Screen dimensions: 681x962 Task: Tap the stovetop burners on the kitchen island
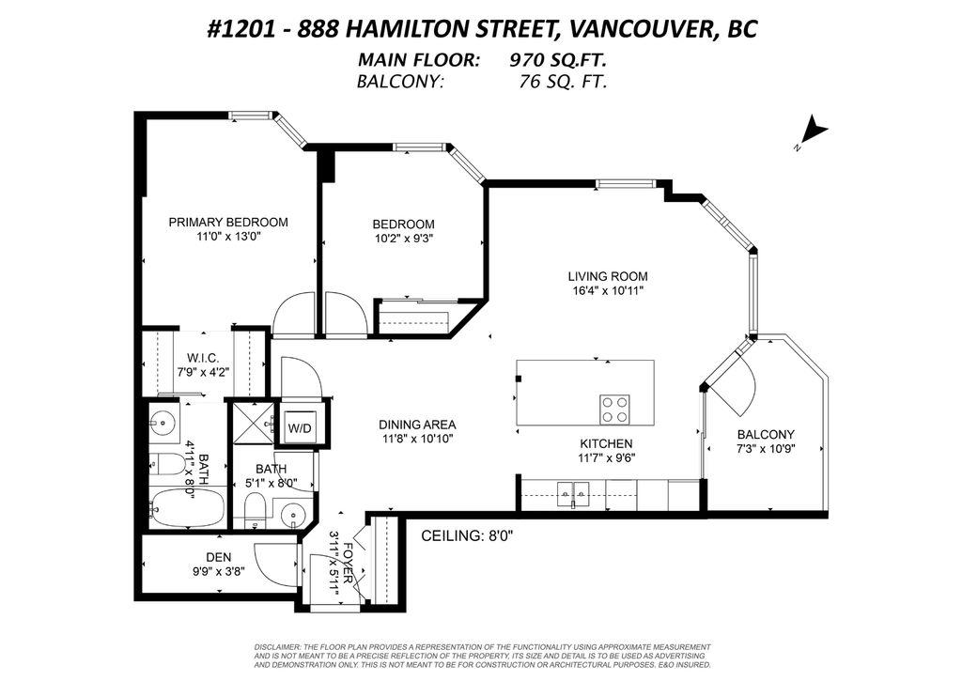point(615,409)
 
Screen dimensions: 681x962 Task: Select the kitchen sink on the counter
point(572,490)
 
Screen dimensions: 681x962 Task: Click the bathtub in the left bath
point(187,508)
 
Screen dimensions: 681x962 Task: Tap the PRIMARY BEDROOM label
point(228,223)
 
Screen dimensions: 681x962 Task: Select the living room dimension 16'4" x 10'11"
point(608,291)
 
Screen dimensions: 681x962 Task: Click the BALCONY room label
point(766,434)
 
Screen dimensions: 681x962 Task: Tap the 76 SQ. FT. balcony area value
point(563,81)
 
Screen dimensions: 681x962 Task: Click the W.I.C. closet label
point(203,358)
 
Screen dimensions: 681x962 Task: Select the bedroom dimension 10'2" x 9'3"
point(403,238)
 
